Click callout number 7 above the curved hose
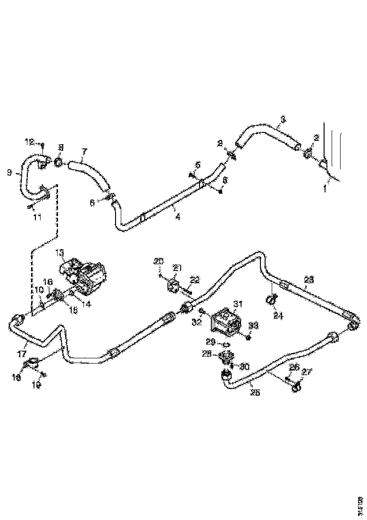pyautogui.click(x=84, y=151)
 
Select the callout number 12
pyautogui.click(x=29, y=142)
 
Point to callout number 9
pyautogui.click(x=9, y=173)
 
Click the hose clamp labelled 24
pyautogui.click(x=272, y=299)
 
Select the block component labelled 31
pyautogui.click(x=226, y=321)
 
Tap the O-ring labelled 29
pyautogui.click(x=226, y=344)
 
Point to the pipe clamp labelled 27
pyautogui.click(x=296, y=389)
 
